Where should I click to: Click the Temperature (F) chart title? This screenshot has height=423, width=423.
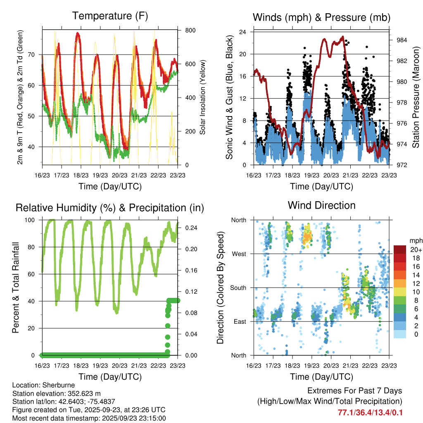pos(110,16)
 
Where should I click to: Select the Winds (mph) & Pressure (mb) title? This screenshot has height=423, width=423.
pos(321,17)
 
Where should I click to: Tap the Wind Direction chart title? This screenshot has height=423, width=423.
pos(321,205)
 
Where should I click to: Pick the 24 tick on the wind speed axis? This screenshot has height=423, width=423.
pos(243,32)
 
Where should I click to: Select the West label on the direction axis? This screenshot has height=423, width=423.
pos(238,254)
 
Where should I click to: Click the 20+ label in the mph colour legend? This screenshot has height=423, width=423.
pos(416,250)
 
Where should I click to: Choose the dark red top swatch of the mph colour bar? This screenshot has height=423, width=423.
pos(400,250)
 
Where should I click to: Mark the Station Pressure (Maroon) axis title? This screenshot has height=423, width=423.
pos(416,97)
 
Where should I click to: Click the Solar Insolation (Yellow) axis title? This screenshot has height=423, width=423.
pos(203,97)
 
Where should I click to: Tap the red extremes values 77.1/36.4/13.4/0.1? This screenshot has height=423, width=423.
pos(370,413)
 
